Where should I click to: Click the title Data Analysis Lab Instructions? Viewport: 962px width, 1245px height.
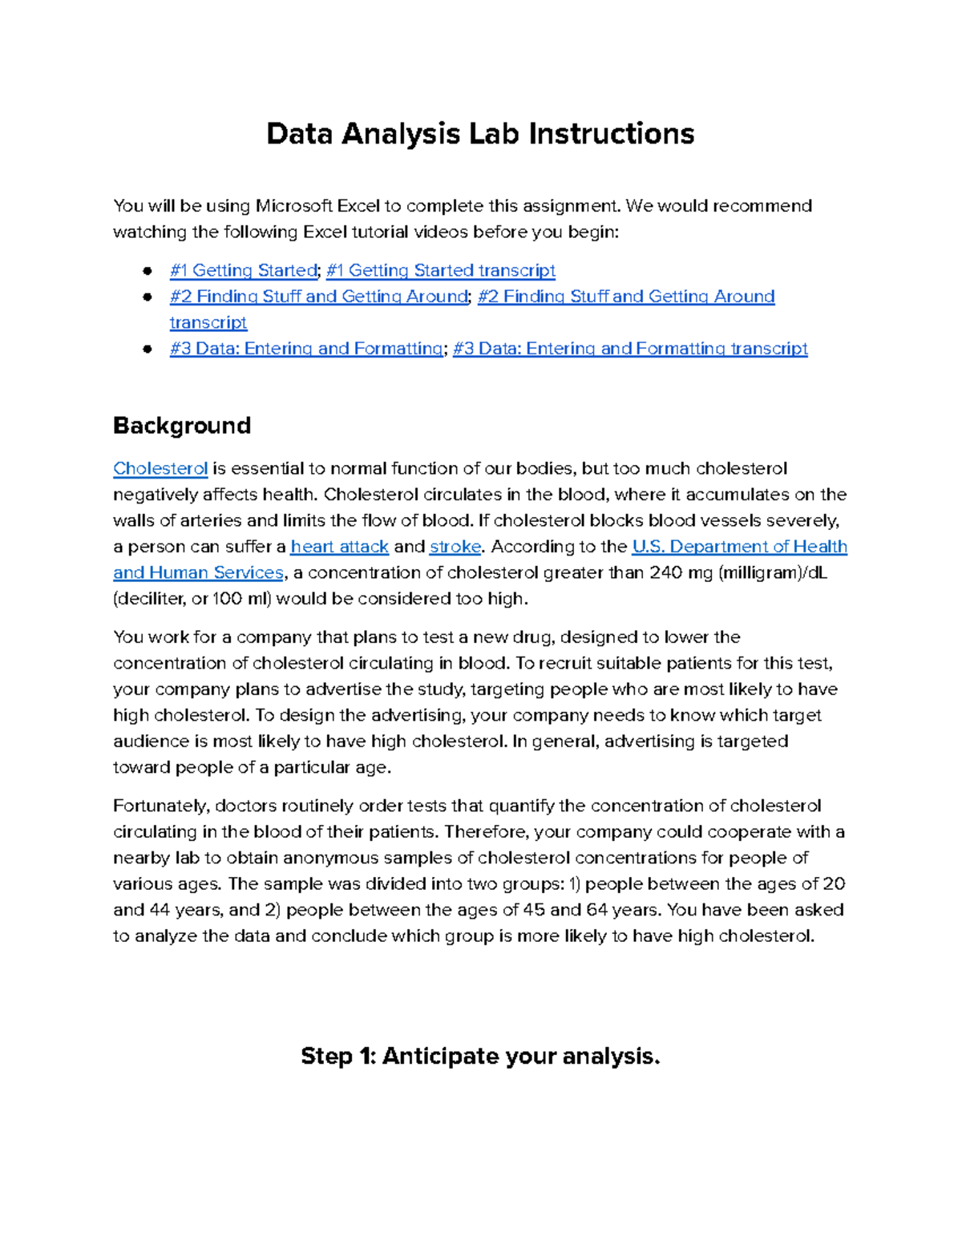(x=480, y=134)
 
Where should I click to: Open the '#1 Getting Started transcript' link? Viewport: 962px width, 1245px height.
(x=440, y=271)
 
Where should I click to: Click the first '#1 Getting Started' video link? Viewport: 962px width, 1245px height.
(x=244, y=271)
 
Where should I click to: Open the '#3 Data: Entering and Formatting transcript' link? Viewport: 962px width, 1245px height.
(x=630, y=349)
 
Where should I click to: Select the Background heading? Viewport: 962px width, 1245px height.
(x=182, y=425)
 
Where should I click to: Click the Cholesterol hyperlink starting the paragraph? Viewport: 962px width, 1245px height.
(x=160, y=469)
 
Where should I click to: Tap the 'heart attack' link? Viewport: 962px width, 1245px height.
(x=339, y=547)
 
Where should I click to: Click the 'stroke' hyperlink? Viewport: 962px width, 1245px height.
(x=455, y=547)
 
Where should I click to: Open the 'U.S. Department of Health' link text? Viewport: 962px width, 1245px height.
(x=739, y=547)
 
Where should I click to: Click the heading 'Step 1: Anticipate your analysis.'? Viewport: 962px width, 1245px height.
(x=480, y=1057)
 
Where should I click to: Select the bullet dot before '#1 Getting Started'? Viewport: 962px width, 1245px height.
(x=148, y=271)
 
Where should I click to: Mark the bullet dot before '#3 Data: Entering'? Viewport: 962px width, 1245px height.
(x=148, y=349)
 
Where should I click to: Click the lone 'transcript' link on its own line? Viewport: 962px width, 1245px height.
(x=208, y=323)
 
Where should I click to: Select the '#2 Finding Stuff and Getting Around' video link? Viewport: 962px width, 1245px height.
(x=318, y=297)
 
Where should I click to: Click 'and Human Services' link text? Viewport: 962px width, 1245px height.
(x=198, y=573)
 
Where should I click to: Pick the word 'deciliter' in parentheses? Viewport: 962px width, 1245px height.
(x=152, y=599)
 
